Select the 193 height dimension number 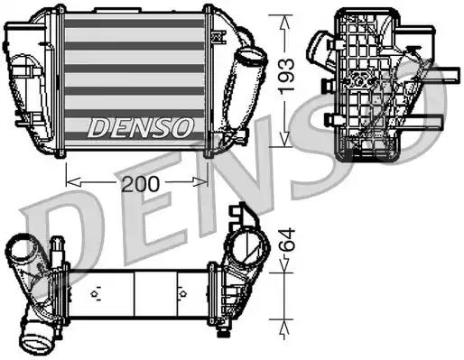click(285, 77)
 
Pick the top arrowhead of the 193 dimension click(285, 17)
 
